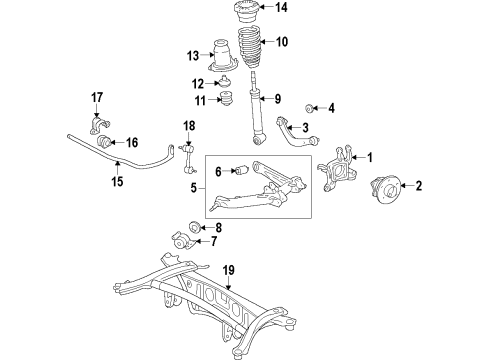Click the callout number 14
(x=281, y=9)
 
